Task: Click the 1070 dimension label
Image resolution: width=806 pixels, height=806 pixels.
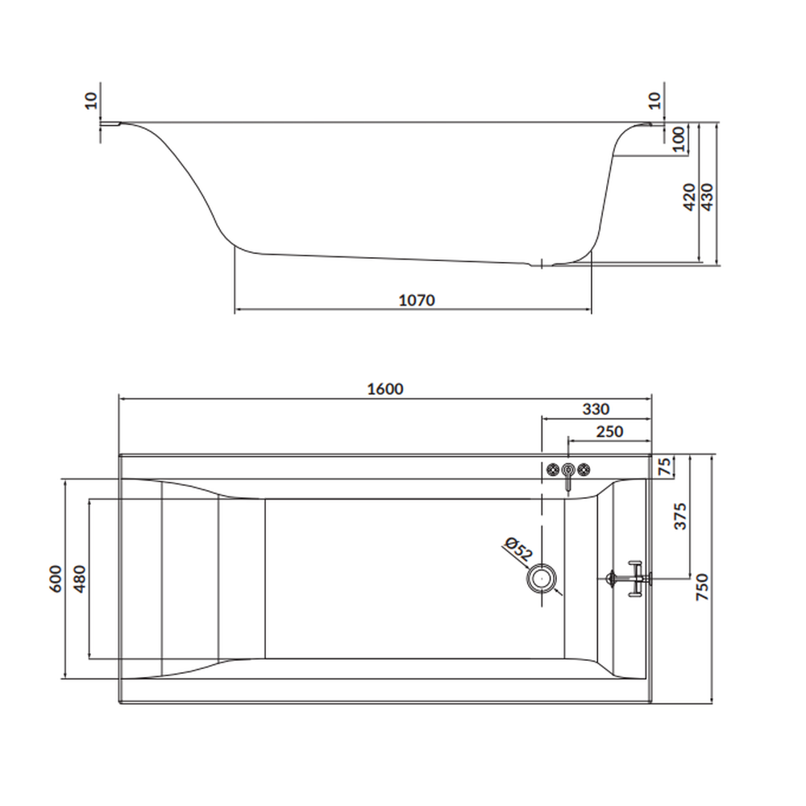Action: tap(417, 300)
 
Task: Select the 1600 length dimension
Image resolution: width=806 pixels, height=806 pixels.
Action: tap(385, 389)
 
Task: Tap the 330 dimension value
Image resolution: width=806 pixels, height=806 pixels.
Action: tap(596, 409)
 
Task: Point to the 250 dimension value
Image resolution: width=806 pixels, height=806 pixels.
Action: tap(609, 431)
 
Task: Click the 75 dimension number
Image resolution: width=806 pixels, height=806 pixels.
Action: tap(665, 466)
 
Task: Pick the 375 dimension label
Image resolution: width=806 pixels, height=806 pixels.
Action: tap(679, 516)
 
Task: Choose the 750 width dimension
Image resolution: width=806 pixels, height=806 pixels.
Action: tap(702, 587)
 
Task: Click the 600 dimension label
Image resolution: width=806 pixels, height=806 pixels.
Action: tap(56, 579)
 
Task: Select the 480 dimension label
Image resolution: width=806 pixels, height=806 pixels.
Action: tap(79, 579)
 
